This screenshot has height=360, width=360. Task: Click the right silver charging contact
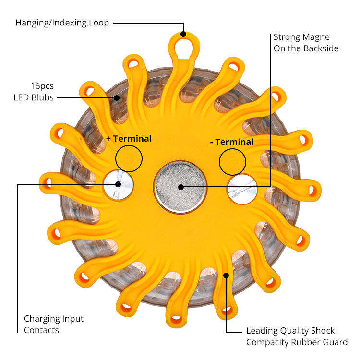[242, 189]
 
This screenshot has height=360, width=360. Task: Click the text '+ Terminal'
[129, 139]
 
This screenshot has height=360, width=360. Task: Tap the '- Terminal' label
[232, 142]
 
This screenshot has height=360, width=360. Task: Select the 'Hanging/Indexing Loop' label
[62, 23]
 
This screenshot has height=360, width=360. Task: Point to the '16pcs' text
[43, 86]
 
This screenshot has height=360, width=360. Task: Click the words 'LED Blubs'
[33, 98]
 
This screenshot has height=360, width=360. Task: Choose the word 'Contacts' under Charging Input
[41, 330]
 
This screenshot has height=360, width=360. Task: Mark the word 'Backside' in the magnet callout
[321, 48]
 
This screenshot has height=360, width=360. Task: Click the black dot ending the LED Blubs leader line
[116, 98]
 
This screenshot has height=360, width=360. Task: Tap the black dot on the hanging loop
[183, 35]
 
